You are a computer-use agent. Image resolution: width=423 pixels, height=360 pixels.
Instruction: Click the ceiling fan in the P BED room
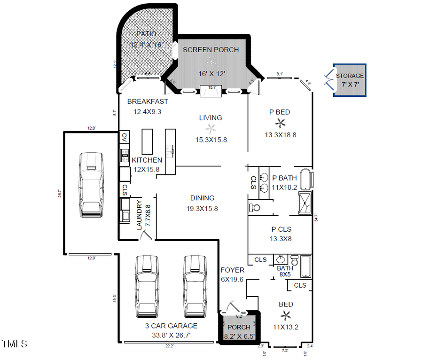[x=281, y=124]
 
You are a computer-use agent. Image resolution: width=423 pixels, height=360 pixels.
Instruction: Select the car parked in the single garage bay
[x=90, y=184]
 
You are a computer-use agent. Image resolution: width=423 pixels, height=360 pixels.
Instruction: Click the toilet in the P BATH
[x=254, y=207]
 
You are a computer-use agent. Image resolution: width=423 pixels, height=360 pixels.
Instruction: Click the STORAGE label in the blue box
[x=349, y=76]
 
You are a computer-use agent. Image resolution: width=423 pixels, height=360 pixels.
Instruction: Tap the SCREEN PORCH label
[x=211, y=50]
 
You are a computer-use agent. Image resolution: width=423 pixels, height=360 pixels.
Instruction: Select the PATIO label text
[x=146, y=34]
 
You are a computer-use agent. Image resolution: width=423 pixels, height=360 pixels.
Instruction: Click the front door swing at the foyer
[x=230, y=306]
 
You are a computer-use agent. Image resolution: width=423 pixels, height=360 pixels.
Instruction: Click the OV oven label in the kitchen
[x=124, y=138]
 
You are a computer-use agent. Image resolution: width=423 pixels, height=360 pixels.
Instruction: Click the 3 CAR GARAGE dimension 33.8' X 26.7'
[x=171, y=336]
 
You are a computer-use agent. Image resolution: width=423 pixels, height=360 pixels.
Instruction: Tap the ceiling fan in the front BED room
[x=286, y=315]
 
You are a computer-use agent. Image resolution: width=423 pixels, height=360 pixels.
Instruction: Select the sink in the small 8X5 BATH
[x=281, y=260]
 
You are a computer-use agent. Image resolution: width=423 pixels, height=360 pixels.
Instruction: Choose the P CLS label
[x=281, y=229]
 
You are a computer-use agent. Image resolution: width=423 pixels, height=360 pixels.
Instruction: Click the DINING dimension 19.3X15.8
[x=202, y=208]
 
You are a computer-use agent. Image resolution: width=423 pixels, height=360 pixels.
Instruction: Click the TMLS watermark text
[x=14, y=344]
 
